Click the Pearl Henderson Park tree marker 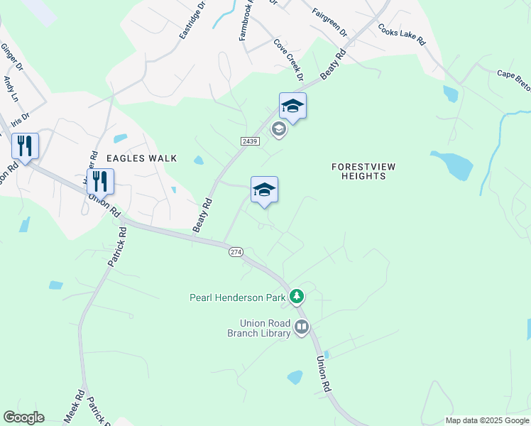(297, 296)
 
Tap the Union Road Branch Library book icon (302, 327)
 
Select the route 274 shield (236, 252)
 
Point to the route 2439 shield (249, 141)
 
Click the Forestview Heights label (363, 171)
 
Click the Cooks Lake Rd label (402, 36)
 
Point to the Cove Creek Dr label (289, 59)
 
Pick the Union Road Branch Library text (259, 327)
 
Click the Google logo (24, 417)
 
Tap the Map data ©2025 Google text (487, 420)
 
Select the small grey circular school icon (279, 129)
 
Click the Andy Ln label (9, 88)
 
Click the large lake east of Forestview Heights (454, 165)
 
